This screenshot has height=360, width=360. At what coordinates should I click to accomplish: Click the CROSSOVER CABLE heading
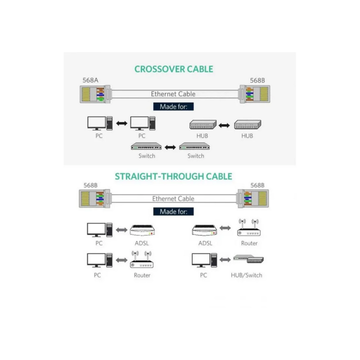pos(174,69)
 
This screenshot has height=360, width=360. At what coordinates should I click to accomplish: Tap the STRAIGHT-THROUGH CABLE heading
pos(173,176)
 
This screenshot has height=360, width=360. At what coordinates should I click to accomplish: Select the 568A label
pos(90,81)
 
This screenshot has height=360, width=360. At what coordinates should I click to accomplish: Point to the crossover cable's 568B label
pos(257,81)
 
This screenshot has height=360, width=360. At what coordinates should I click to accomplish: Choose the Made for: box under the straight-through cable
pos(173,211)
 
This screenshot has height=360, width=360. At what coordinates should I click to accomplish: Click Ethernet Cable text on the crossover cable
pos(173,94)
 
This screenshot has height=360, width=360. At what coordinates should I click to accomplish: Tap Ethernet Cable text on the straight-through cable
pos(173,198)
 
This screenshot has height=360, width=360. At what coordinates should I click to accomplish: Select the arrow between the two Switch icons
pos(169,147)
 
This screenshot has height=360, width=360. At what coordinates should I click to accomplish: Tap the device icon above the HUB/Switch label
pos(248,260)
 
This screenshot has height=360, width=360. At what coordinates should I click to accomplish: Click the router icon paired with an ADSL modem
pos(249,229)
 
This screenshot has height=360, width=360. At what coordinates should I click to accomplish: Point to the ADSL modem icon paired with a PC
pos(142,230)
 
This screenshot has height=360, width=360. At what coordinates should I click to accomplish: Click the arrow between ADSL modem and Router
pos(225,229)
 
